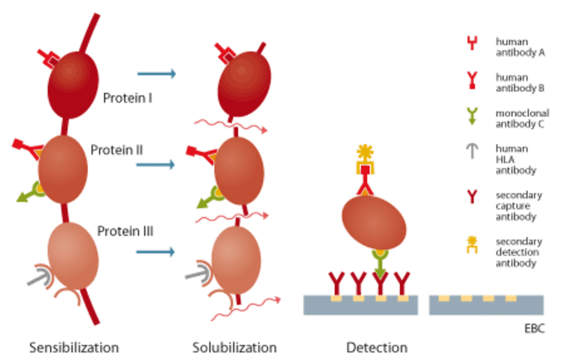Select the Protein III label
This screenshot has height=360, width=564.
pos(125,231)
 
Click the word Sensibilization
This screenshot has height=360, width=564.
pos(74,348)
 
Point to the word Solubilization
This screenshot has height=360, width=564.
pos(235,348)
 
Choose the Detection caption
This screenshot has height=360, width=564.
pos(376,348)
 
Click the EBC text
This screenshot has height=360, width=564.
pos(534,328)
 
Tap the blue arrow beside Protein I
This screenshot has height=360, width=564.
pos(156,74)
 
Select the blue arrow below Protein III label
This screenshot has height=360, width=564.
pos(155,252)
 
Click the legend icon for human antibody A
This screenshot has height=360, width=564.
pos(472,44)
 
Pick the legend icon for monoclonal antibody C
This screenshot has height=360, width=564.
pos(472,116)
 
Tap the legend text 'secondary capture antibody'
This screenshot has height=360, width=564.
pos(518,206)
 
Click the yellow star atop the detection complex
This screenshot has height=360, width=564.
pos(364,152)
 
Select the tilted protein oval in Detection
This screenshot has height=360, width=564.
pos(374,223)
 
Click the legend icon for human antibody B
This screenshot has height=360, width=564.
pos(472,80)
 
